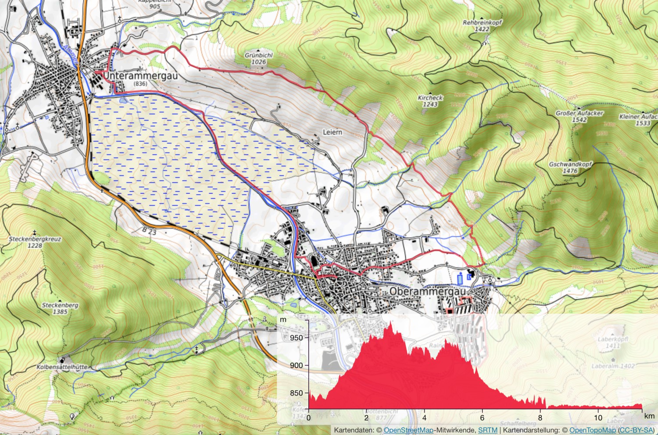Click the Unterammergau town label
pyautogui.click(x=140, y=76)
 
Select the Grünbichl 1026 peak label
pyautogui.click(x=258, y=58)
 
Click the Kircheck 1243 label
pyautogui.click(x=430, y=101)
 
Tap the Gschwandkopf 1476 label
pyautogui.click(x=570, y=167)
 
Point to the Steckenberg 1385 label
pyautogui.click(x=60, y=308)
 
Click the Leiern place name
pyautogui.click(x=332, y=132)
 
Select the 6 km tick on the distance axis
pyautogui.click(x=482, y=417)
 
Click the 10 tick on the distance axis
pyautogui.click(x=598, y=417)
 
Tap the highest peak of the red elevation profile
pyautogui.click(x=390, y=323)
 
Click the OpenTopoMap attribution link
pyautogui.click(x=592, y=430)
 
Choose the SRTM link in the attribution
pyautogui.click(x=487, y=430)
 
